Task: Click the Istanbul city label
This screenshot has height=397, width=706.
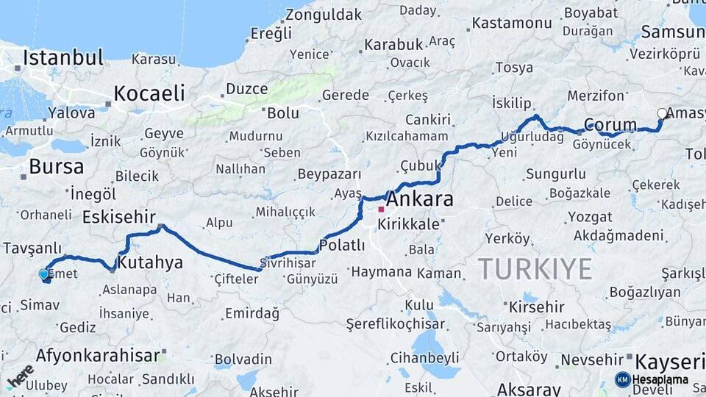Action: coord(63,57)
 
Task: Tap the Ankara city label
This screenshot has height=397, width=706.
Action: coord(419,199)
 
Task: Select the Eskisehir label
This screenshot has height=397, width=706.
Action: coord(119,216)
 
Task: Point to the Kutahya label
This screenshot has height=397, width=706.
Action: coord(150,262)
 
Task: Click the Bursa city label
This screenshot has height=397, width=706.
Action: coord(56,166)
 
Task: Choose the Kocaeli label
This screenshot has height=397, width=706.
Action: coord(149,93)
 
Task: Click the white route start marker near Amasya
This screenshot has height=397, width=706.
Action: coord(662,113)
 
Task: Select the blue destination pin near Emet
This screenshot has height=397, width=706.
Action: coord(44,275)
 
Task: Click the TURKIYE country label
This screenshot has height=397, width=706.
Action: coord(535,269)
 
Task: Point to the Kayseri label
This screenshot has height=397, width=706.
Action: coord(669,362)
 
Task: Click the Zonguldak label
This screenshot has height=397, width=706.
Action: coord(324,15)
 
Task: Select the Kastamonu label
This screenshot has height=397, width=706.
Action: coord(512,23)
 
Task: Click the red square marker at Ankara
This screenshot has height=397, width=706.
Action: coord(381,210)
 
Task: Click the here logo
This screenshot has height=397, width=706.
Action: coord(21,376)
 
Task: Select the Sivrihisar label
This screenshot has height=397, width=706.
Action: coord(289,262)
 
